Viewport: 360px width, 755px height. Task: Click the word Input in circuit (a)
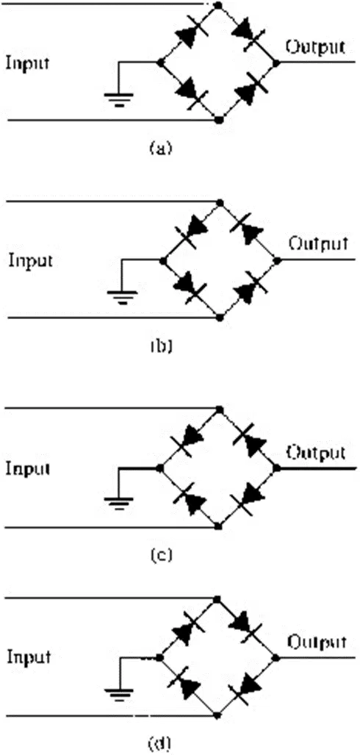point(27,63)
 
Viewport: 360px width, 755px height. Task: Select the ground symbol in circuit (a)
point(118,99)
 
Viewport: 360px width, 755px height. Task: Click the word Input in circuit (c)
point(27,469)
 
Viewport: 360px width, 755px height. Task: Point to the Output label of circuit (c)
point(316,452)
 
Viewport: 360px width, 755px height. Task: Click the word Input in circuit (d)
point(29,658)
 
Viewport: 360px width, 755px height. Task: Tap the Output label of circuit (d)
point(317,642)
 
